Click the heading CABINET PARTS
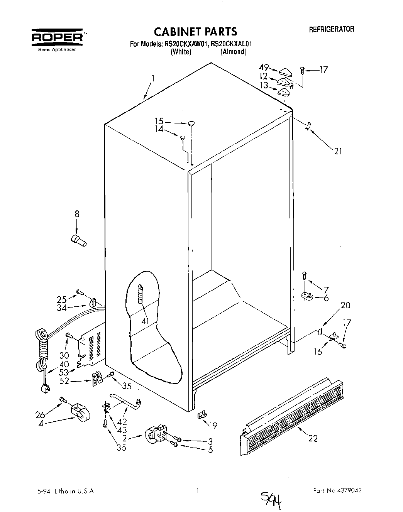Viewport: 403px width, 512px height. point(195,31)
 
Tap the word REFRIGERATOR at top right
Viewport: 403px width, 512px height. point(332,29)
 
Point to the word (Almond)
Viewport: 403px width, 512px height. point(233,52)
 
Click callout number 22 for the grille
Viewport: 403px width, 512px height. point(313,438)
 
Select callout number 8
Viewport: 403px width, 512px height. point(77,213)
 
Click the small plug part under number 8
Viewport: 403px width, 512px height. point(79,240)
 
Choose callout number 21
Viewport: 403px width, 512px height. point(338,151)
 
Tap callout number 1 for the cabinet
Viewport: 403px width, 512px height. point(153,78)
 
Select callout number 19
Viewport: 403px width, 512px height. point(213,425)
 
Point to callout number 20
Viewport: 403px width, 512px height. point(345,305)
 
